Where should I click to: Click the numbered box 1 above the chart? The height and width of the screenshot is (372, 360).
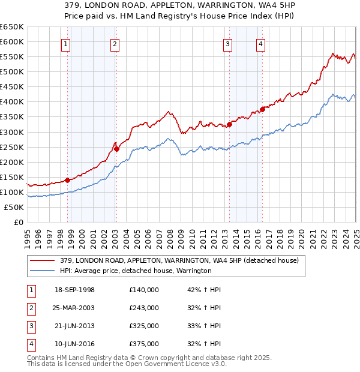pyautogui.click(x=65, y=43)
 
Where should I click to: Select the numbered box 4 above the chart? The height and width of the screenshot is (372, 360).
pyautogui.click(x=262, y=43)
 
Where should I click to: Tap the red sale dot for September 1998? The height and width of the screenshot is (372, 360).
pyautogui.click(x=68, y=179)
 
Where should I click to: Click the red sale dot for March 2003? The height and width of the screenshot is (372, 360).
pyautogui.click(x=117, y=149)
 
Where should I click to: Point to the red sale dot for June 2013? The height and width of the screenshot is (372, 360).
pyautogui.click(x=229, y=124)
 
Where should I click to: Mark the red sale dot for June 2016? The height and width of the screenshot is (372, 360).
pyautogui.click(x=262, y=109)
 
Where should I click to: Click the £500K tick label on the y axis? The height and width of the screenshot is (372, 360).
pyautogui.click(x=11, y=71)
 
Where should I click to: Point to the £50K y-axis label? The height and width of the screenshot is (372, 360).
pyautogui.click(x=14, y=207)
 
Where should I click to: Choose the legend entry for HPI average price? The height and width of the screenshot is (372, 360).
pyautogui.click(x=136, y=271)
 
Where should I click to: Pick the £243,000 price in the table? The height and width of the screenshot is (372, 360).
pyautogui.click(x=144, y=308)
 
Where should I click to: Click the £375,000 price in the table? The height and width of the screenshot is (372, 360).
pyautogui.click(x=144, y=344)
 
